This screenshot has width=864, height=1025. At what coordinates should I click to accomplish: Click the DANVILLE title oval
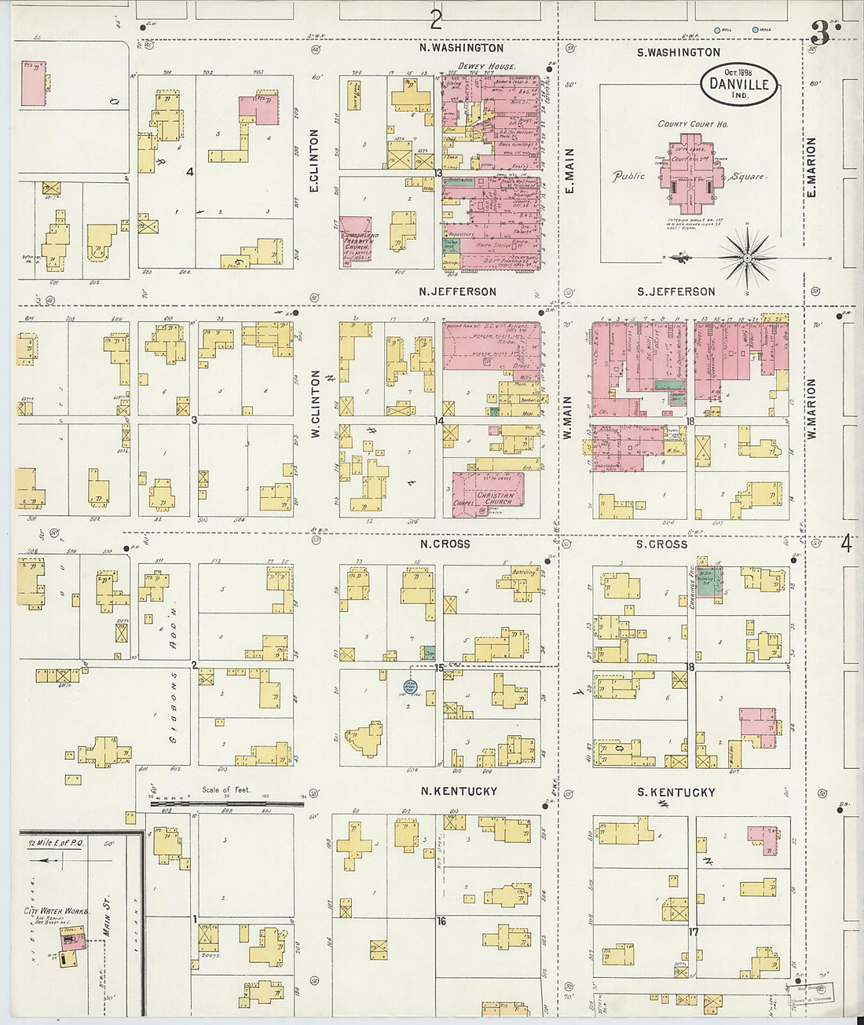(x=739, y=83)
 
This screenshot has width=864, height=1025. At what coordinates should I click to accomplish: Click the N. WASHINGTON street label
(x=461, y=48)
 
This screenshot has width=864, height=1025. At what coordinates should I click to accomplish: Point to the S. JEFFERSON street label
(x=675, y=291)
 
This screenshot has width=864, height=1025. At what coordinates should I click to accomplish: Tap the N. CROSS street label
(x=445, y=544)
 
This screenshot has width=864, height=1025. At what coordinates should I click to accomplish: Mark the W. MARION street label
(x=811, y=408)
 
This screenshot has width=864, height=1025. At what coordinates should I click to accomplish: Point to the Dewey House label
(x=487, y=67)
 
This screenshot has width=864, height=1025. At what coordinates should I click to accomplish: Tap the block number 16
(x=441, y=921)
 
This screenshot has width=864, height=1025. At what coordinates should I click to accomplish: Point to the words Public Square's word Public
(x=628, y=175)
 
